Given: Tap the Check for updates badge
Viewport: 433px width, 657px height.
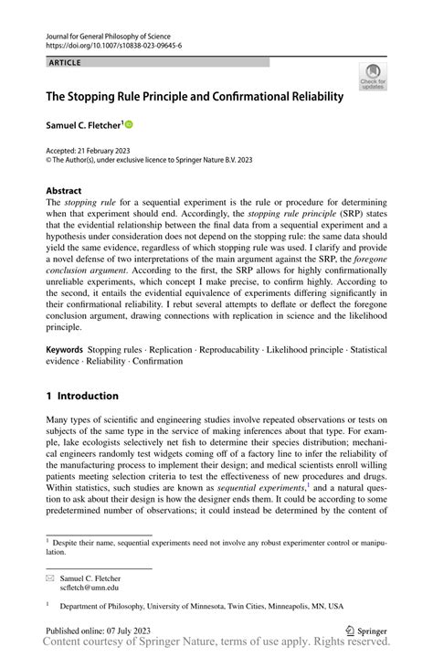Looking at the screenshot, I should click(x=372, y=77).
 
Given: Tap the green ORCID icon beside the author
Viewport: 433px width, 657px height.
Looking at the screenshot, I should click(x=129, y=122).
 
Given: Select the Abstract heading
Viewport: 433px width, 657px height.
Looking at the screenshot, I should click(x=66, y=190).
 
